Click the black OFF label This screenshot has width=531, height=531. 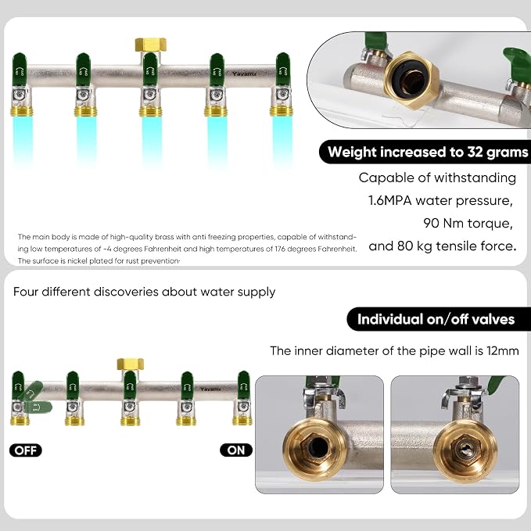26,450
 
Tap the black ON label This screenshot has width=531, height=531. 236,450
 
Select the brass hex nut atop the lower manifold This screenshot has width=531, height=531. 131,364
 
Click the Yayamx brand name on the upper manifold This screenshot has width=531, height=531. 245,74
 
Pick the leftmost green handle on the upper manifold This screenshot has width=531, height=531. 19,70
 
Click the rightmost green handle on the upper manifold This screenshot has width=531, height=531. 282,70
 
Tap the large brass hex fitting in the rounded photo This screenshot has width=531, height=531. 412,79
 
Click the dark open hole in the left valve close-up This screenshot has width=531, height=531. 318,449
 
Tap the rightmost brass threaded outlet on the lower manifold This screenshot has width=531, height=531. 242,421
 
